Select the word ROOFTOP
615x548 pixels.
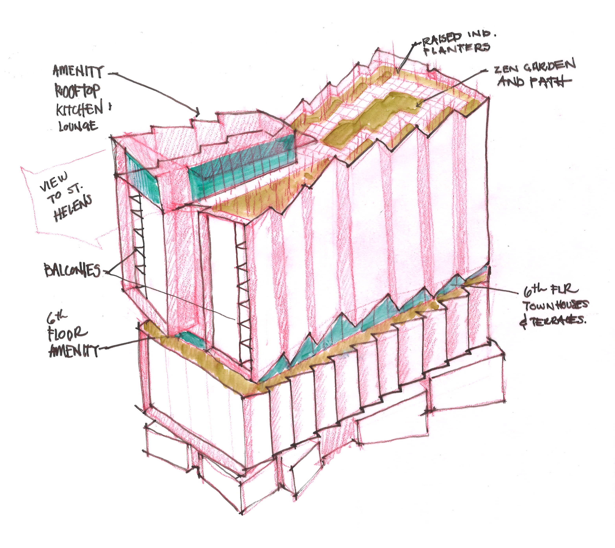(77, 91)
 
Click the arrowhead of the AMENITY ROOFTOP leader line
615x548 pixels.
(198, 114)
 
